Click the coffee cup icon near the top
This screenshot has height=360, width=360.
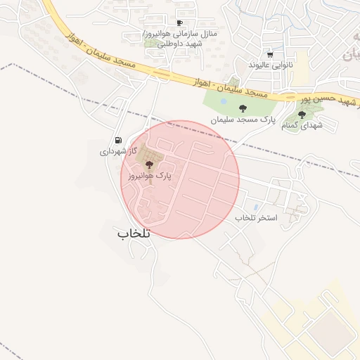tap(179, 23)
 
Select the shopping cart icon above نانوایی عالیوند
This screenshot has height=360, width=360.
tap(270, 54)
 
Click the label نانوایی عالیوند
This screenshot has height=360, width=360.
tap(270, 64)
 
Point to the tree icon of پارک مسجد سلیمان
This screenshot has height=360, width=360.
tap(243, 108)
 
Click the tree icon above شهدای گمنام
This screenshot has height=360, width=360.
tap(302, 115)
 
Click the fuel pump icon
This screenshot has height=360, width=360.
tap(117, 140)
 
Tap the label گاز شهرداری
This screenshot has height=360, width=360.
tap(112, 150)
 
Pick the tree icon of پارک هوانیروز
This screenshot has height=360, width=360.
tap(148, 164)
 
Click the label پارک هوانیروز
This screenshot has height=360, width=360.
tap(149, 176)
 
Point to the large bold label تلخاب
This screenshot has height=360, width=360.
tap(134, 233)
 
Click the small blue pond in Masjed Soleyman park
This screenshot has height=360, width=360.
tap(223, 101)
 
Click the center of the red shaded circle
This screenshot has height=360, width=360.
tap(180, 179)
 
